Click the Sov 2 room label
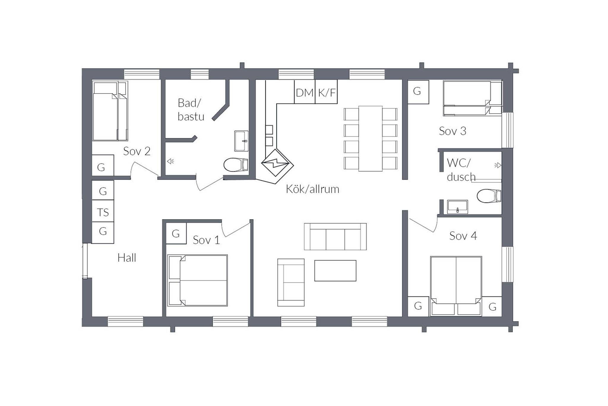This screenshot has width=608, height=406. pyautogui.click(x=137, y=151)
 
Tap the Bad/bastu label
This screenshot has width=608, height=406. pyautogui.click(x=191, y=109)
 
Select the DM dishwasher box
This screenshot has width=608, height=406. pyautogui.click(x=305, y=92)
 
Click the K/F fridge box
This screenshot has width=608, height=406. pyautogui.click(x=326, y=92)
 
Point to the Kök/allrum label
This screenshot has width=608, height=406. pyautogui.click(x=312, y=189)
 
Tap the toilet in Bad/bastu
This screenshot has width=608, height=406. pyautogui.click(x=236, y=165)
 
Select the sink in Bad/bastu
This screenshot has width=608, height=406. pyautogui.click(x=241, y=141)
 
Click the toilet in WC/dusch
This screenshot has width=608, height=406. pyautogui.click(x=489, y=196)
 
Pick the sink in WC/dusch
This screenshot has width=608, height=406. pyautogui.click(x=457, y=207)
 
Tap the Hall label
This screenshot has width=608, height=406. pyautogui.click(x=127, y=258)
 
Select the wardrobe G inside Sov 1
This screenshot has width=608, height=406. pyautogui.click(x=176, y=233)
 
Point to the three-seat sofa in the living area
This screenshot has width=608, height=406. pyautogui.click(x=335, y=236)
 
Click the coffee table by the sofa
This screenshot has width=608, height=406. pyautogui.click(x=335, y=271)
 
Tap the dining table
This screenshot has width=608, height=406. pyautogui.click(x=370, y=139)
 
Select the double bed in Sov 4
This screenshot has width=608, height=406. pyautogui.click(x=456, y=286)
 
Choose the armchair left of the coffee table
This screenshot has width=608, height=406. pyautogui.click(x=291, y=283)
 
